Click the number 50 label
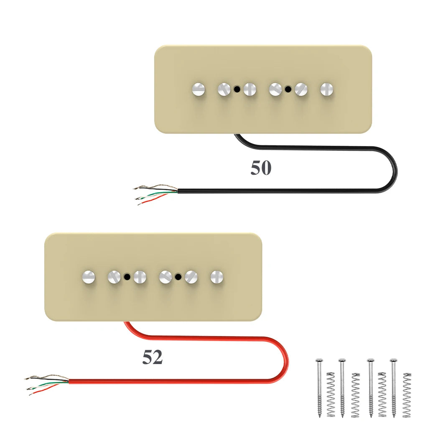coord(261,168)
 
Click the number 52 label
coord(152,357)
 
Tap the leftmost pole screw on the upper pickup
coord(199,89)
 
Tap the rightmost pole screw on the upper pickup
coord(327,89)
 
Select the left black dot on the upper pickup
coord(237,89)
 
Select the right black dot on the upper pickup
coord(288,89)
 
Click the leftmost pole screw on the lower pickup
coord(89,276)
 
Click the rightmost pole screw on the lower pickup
coord(217,276)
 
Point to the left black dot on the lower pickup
coord(127,276)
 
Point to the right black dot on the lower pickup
coord(178,276)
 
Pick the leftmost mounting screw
coord(319,387)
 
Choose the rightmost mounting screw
coord(393,387)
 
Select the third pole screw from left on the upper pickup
coord(250,89)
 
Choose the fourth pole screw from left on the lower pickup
coord(166,276)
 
